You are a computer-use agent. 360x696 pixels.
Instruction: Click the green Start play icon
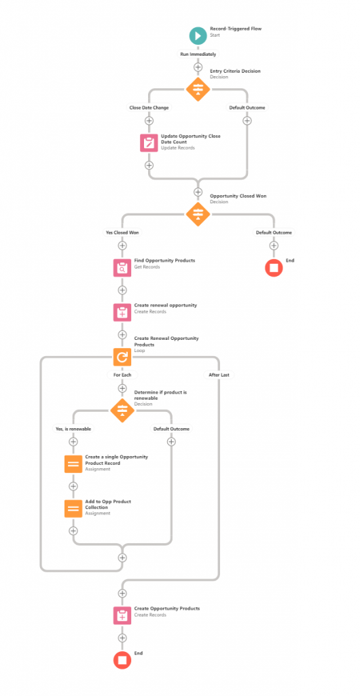198,35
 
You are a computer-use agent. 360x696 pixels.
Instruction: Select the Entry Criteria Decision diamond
198,89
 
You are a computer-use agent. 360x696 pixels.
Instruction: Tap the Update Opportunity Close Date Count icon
149,143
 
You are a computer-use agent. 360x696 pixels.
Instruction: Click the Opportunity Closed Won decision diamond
198,213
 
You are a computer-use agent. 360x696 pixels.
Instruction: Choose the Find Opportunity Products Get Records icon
122,268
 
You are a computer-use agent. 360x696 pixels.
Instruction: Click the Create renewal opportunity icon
122,312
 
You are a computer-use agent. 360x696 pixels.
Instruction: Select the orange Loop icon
122,357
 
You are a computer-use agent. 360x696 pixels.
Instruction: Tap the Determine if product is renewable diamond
122,410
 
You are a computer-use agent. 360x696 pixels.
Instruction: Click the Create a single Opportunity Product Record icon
73,464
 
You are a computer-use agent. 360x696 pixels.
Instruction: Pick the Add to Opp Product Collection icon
73,508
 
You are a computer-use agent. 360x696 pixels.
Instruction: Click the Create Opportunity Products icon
122,615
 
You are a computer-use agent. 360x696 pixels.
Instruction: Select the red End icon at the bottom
122,659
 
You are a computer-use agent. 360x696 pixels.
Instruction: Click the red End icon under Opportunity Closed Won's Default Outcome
274,268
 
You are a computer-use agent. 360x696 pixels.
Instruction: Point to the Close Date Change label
149,107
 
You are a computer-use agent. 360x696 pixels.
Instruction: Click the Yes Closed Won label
122,232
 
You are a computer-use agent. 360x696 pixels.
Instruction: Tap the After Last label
219,375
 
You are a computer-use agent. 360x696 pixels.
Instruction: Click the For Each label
122,375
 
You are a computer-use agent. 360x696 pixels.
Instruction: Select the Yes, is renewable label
73,429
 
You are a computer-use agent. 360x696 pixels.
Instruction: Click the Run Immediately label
198,53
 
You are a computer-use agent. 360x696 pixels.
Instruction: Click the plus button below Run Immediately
198,67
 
